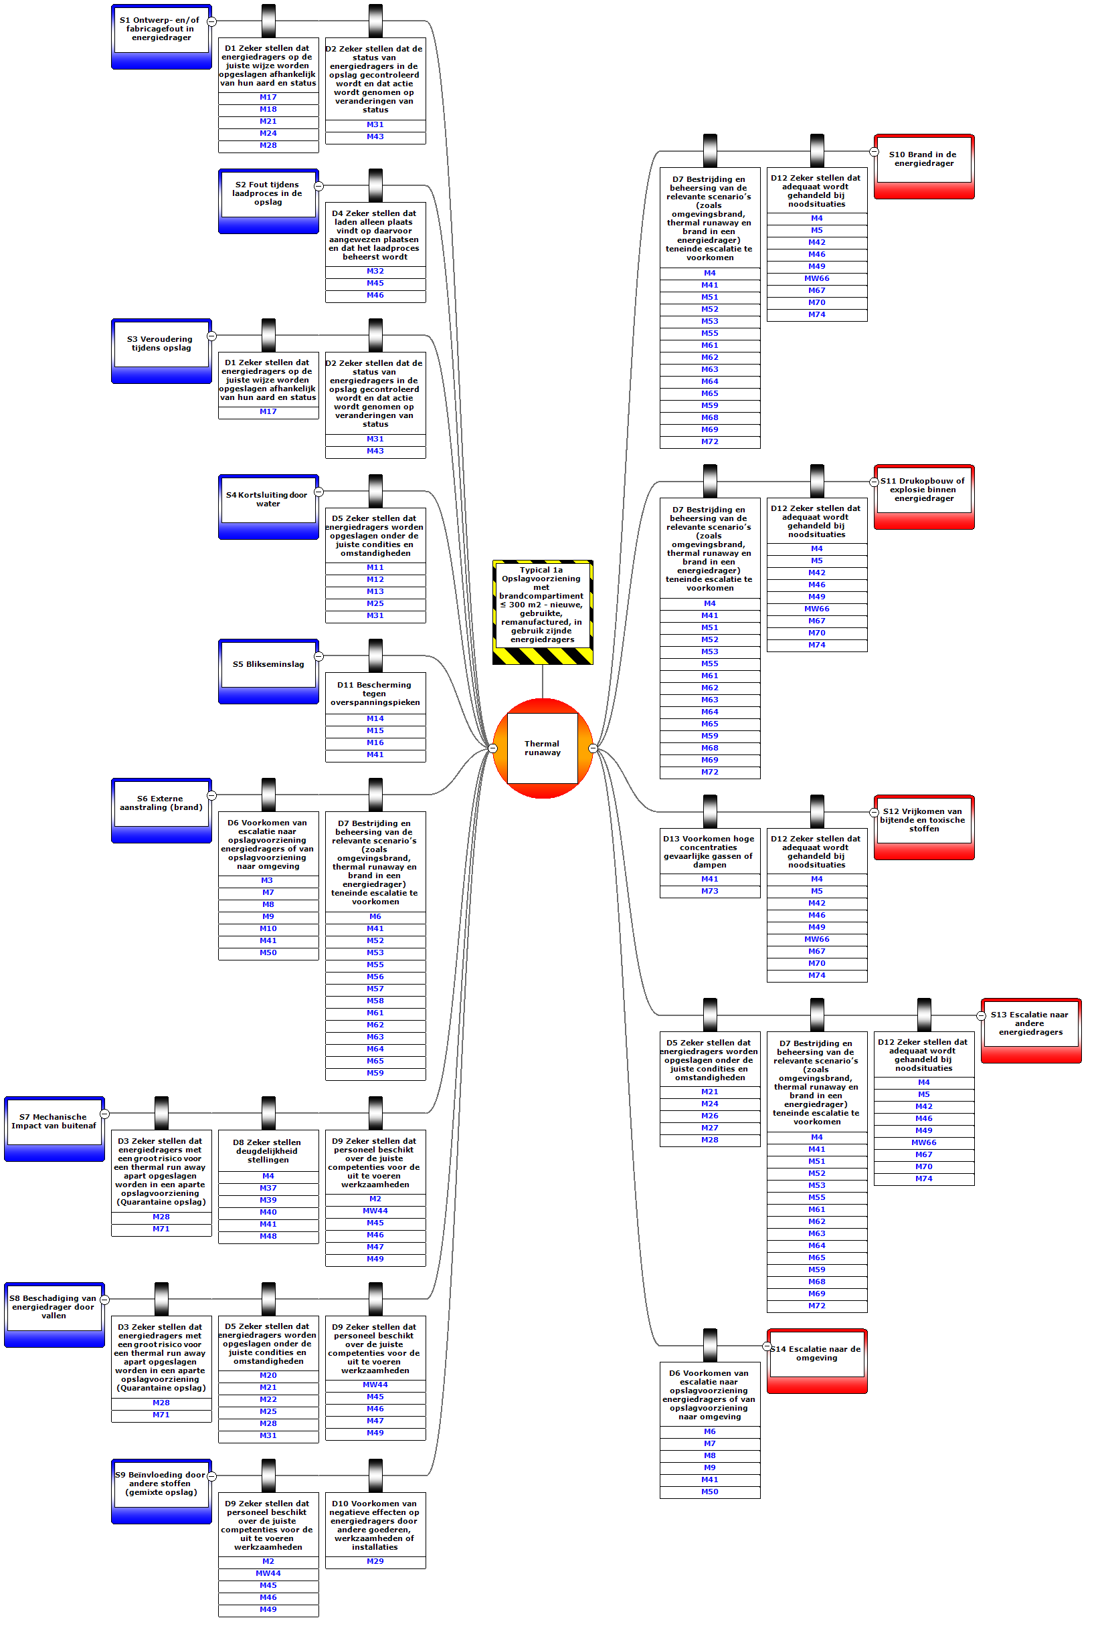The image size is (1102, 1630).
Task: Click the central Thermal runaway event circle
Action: (x=542, y=748)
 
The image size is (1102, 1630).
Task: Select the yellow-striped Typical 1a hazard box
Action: (x=542, y=605)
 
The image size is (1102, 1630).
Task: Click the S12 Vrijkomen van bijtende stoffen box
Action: (x=924, y=820)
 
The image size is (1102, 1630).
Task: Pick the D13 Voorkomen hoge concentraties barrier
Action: (x=709, y=851)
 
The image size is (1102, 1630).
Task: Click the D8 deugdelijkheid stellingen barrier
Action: (x=268, y=1150)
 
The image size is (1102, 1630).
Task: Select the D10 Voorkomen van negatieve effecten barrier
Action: (x=375, y=1525)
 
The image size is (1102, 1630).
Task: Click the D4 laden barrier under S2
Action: (x=375, y=235)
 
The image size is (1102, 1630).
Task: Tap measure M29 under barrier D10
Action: (x=375, y=1561)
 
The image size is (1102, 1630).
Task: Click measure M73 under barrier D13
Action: (x=710, y=891)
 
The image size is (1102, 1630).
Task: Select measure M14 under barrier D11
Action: (x=375, y=718)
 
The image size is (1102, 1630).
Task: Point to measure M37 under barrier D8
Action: (x=268, y=1188)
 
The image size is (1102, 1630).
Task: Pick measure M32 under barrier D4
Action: (x=375, y=271)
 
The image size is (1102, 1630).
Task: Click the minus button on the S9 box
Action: (x=211, y=1475)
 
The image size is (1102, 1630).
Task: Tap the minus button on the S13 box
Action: (x=982, y=1015)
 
